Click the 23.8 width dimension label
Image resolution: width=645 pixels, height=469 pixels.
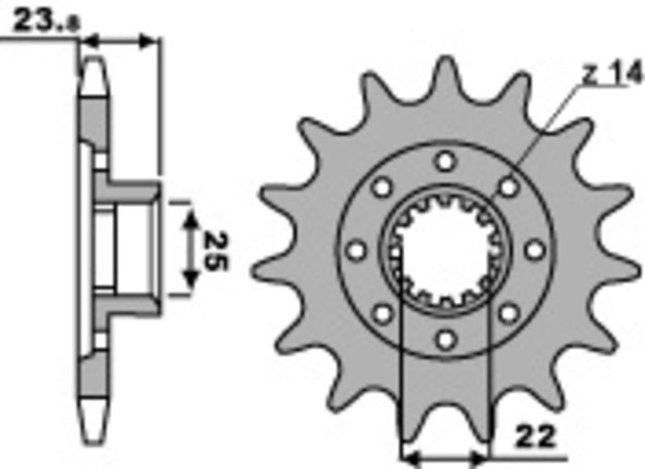pos(44,23)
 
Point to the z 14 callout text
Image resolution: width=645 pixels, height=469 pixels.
pos(614,76)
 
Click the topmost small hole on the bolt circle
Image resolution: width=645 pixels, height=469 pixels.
pos(444,161)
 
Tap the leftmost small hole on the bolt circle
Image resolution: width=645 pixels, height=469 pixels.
pos(355,251)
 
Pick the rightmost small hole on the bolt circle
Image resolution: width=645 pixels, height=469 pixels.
pos(534,251)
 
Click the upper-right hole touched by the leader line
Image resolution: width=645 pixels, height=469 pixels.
pos(508,187)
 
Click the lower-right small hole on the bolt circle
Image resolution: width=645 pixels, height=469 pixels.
pos(508,314)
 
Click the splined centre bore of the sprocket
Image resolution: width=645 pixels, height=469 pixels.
pos(444,251)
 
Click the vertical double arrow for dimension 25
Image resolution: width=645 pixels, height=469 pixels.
pos(190,251)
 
